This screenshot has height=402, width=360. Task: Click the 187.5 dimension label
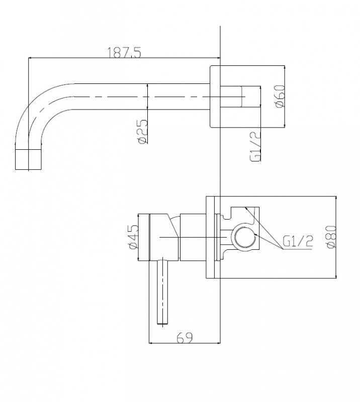(124, 52)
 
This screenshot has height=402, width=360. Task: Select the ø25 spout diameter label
(142, 132)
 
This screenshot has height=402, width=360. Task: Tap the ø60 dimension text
(280, 96)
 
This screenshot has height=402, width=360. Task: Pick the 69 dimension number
(185, 338)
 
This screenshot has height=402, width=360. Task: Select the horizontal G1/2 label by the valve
(298, 242)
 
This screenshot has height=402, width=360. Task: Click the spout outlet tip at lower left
(28, 159)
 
